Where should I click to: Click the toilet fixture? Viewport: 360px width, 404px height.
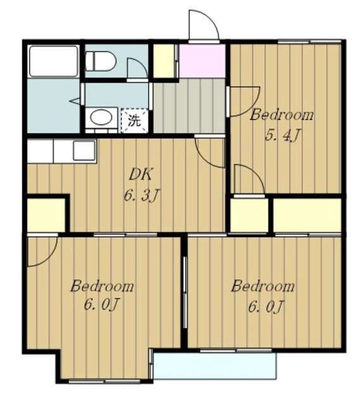(100, 61)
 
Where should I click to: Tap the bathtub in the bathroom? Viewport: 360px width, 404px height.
(54, 61)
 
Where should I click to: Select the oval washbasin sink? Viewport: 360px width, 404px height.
(101, 118)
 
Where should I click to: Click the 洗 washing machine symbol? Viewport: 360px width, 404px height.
(135, 121)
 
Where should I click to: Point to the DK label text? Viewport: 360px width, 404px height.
(141, 175)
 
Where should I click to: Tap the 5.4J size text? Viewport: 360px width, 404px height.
(283, 135)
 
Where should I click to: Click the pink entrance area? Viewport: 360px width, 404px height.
(202, 61)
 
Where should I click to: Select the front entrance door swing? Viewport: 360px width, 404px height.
(204, 25)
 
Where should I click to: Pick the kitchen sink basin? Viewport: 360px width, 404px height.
(84, 151)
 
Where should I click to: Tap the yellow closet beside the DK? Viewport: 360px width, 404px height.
(46, 215)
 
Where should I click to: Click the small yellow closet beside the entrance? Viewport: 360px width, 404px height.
(164, 61)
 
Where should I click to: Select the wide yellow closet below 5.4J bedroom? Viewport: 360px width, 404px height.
(308, 215)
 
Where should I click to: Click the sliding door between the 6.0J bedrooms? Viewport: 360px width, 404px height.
(184, 292)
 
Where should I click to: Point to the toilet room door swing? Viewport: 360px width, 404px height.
(138, 69)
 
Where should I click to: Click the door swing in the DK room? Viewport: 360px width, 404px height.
(210, 153)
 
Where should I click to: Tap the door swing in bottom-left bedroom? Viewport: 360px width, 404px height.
(42, 251)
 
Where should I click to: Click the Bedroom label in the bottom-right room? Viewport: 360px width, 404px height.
(263, 286)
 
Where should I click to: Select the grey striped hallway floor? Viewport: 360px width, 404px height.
(189, 105)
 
